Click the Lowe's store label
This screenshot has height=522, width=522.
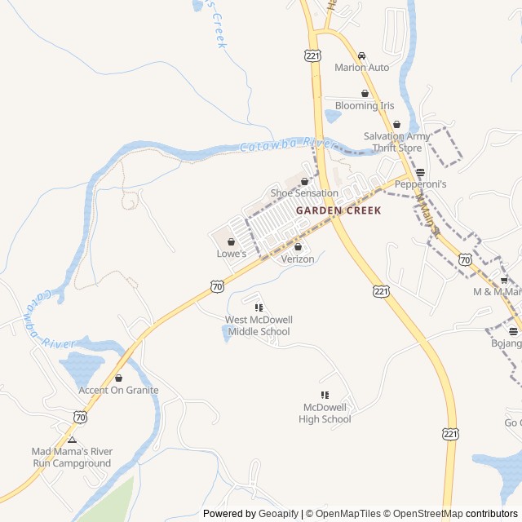click(232, 254)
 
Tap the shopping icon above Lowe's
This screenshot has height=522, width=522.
click(232, 241)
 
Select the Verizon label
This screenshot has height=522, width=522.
click(298, 259)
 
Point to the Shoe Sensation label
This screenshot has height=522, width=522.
click(304, 193)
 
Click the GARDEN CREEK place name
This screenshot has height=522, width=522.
click(338, 210)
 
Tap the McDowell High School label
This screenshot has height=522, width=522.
click(325, 414)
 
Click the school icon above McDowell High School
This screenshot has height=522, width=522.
click(325, 396)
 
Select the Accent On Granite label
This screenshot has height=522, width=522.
click(118, 390)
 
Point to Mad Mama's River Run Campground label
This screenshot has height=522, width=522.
click(72, 458)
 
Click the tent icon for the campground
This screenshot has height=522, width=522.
click(72, 440)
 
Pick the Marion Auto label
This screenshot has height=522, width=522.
click(362, 68)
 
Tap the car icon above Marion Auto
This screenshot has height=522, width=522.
click(362, 55)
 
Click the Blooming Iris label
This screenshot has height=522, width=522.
click(365, 106)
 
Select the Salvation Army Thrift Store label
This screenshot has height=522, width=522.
click(396, 142)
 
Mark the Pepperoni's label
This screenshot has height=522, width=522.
click(421, 185)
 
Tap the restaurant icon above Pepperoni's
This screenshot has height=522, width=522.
click(421, 173)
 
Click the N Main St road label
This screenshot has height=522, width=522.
click(427, 214)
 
